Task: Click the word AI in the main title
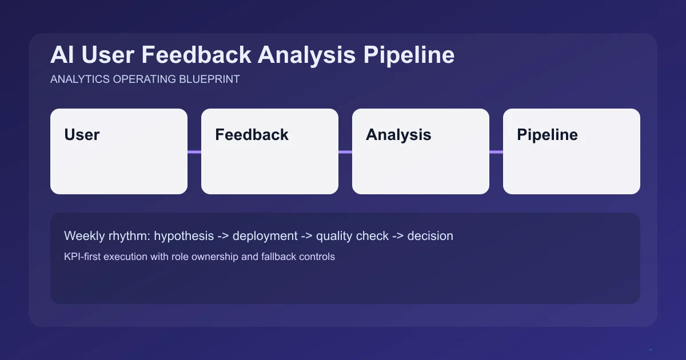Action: (62, 55)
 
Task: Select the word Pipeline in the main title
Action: (408, 55)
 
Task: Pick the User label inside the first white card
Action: (82, 135)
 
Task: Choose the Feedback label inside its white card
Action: (252, 135)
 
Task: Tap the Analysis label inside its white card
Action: (398, 135)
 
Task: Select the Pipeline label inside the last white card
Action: (547, 135)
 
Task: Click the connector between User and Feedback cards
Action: (194, 152)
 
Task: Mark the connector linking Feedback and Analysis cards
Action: (345, 152)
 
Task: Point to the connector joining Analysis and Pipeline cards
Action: (496, 152)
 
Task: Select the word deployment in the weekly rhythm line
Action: (265, 236)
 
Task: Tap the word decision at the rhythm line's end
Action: (430, 236)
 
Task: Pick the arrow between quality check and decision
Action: (398, 236)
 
